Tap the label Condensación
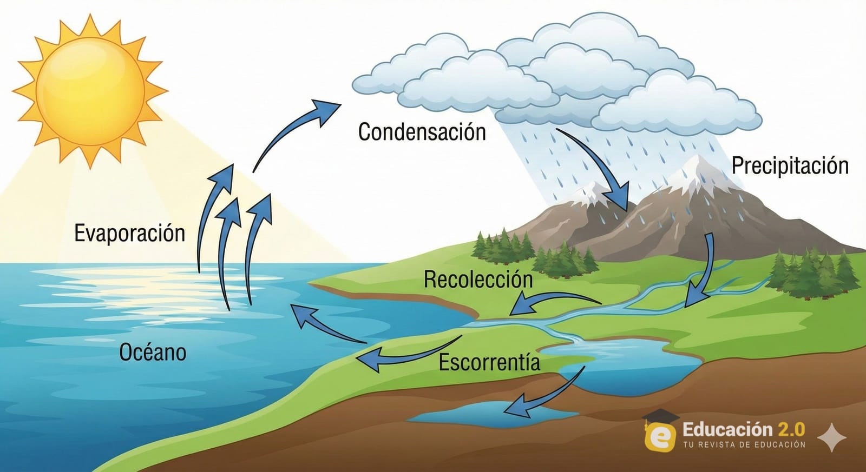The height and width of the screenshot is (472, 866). pos(422,132)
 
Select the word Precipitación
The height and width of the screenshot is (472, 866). pos(790,165)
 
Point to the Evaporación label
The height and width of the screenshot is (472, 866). pos(129,233)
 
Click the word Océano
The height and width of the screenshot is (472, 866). pos(153,352)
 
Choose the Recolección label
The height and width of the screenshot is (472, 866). pos(478,279)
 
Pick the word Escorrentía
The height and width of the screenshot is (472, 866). pos(489,362)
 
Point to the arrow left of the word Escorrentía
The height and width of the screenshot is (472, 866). pos(406,354)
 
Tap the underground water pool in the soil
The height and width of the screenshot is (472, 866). pos(476,414)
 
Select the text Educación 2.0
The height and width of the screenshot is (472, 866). pos(743,429)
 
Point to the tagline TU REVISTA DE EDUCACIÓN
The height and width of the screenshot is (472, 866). pos(744,444)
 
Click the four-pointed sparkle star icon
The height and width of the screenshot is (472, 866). pos(832,437)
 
